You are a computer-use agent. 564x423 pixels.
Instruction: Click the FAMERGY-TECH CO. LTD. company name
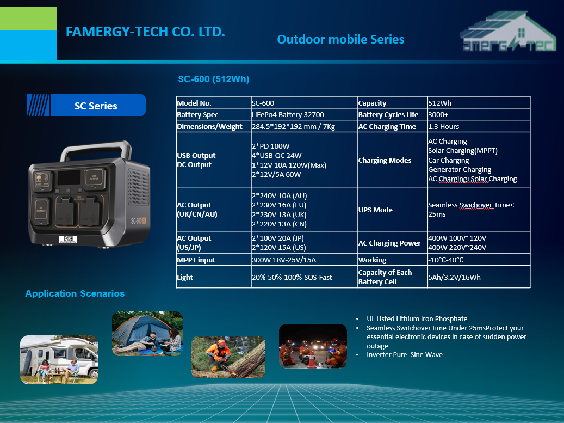pos(145,32)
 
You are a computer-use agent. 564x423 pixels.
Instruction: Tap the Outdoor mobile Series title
pos(340,39)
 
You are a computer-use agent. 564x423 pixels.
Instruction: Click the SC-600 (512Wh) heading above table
pos(214,79)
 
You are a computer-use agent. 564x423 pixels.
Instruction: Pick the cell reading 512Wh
pos(439,103)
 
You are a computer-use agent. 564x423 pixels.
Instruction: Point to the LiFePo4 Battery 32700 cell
pos(288,114)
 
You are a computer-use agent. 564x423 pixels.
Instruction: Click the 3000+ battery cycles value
pos(438,114)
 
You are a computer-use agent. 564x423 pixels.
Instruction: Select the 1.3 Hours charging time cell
pos(443,126)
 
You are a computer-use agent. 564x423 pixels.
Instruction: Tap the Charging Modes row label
pos(385,160)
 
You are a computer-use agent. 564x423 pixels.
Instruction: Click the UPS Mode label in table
pos(375,210)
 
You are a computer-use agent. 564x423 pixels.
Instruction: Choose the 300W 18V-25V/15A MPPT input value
pos(284,260)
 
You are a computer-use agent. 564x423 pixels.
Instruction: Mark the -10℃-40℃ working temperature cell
pos(445,260)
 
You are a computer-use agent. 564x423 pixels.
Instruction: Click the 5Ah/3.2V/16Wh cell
pos(454,277)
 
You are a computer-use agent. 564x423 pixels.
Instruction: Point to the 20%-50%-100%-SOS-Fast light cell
pos(292,277)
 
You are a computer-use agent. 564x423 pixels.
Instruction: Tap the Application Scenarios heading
pos(75,293)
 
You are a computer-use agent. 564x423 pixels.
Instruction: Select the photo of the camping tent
pos(147,334)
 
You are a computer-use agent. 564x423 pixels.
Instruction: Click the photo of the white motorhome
pos(59,360)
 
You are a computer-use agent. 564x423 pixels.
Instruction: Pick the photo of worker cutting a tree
pos(228,357)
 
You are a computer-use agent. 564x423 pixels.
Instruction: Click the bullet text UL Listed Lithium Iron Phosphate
pos(417,318)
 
